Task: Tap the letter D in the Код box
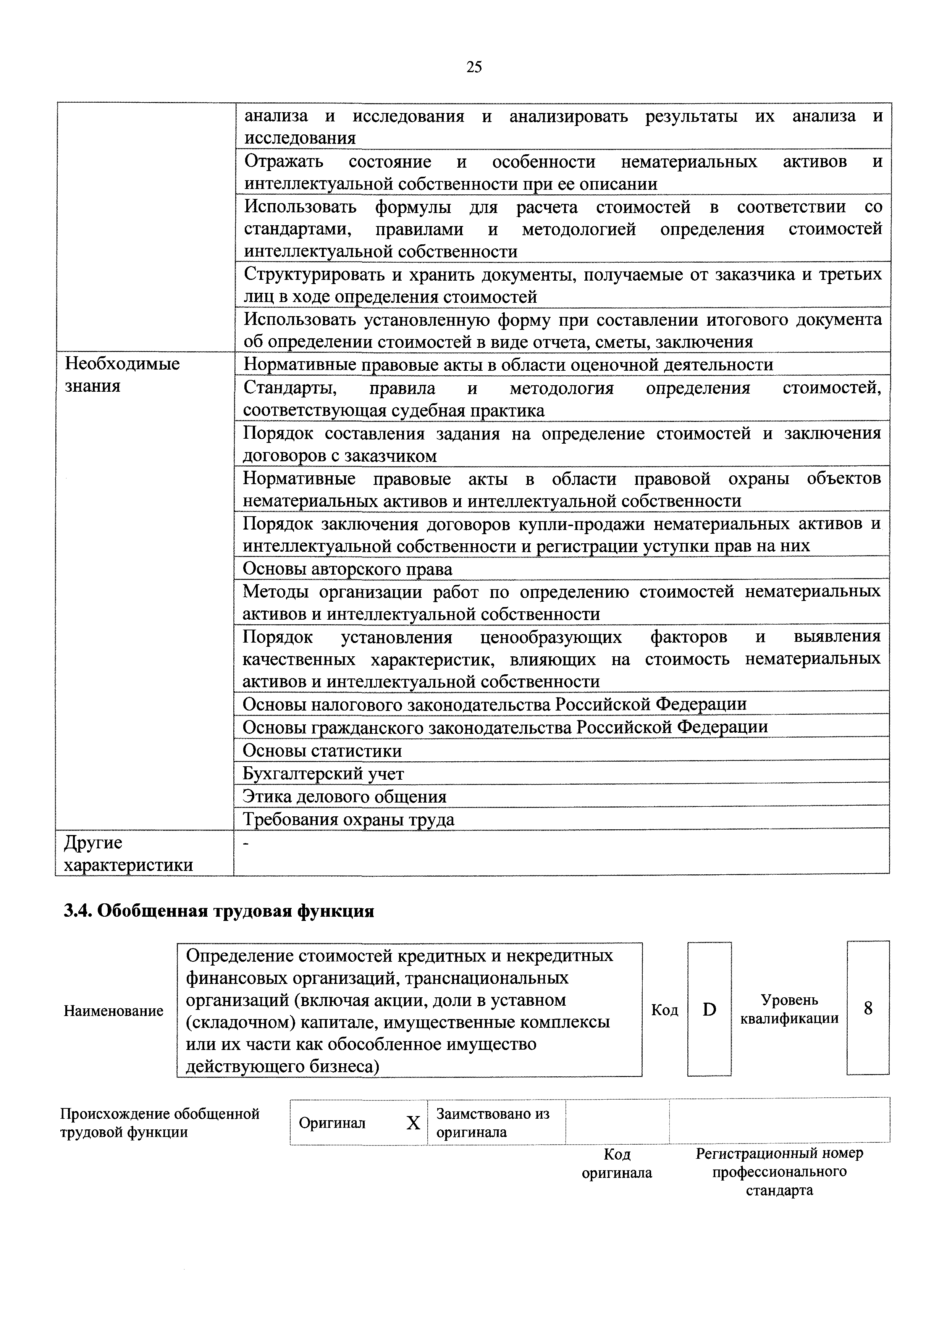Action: pyautogui.click(x=709, y=1009)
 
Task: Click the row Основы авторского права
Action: pyautogui.click(x=347, y=569)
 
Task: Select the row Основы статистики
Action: pyautogui.click(x=322, y=751)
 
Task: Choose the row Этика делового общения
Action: pyautogui.click(x=345, y=796)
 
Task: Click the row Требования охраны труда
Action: pyautogui.click(x=348, y=819)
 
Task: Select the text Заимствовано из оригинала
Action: pyautogui.click(x=493, y=1123)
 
